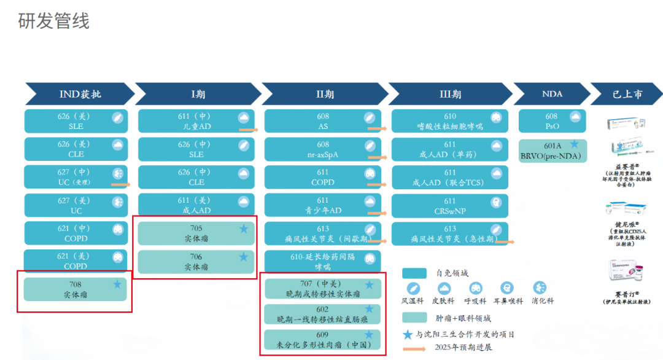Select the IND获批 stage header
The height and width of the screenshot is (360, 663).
click(x=80, y=95)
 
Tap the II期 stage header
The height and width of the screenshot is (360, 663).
click(x=325, y=95)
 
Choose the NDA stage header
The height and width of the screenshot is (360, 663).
click(x=552, y=95)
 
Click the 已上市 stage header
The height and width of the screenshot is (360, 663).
click(x=627, y=95)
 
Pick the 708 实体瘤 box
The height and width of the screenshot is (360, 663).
click(x=75, y=289)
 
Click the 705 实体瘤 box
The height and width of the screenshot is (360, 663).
click(x=196, y=233)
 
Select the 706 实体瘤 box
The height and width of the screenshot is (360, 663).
click(x=196, y=262)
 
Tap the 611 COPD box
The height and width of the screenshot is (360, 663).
click(x=322, y=178)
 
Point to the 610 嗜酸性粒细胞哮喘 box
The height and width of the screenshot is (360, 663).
click(x=450, y=121)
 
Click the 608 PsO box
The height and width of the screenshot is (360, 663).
click(x=551, y=121)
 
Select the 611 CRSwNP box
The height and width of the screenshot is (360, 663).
click(x=450, y=206)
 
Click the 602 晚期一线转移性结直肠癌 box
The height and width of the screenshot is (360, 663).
click(x=323, y=314)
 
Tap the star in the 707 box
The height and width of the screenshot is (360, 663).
click(x=369, y=285)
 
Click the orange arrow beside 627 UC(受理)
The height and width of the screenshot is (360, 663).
click(x=120, y=184)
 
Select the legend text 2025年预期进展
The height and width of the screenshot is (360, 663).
click(x=463, y=348)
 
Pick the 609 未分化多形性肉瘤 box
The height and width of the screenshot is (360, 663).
click(x=323, y=340)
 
